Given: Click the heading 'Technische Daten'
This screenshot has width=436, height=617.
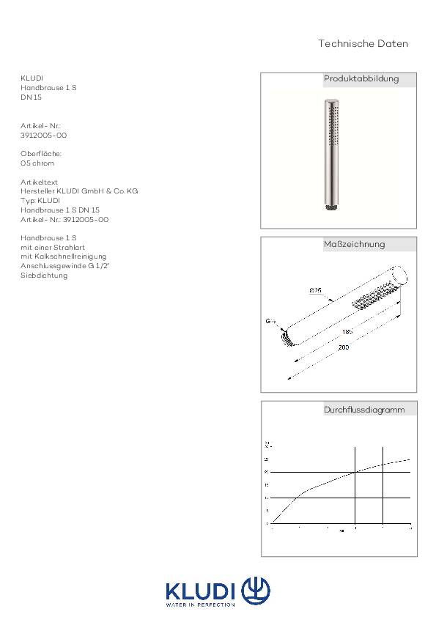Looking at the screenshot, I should [x=363, y=44].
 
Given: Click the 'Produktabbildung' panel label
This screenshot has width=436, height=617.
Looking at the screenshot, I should [x=361, y=78].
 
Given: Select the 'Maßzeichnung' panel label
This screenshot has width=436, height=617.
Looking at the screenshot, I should [x=354, y=244].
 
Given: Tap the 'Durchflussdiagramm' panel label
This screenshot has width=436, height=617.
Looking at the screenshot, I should [x=364, y=410].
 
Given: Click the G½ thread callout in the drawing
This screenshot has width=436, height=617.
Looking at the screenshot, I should [x=270, y=321].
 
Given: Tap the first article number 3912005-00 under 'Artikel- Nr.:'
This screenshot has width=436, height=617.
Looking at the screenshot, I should [x=44, y=136].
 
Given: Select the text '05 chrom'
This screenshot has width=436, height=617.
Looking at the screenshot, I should [x=37, y=163].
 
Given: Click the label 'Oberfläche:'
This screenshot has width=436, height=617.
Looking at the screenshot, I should [x=41, y=154].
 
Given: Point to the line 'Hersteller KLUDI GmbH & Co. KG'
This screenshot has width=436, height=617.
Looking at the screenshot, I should [x=79, y=191].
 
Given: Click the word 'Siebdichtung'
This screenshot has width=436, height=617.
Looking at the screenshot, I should [x=44, y=276].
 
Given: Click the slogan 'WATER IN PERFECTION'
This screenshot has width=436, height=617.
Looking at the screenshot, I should [x=201, y=605].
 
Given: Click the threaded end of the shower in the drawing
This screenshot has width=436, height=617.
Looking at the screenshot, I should [x=284, y=339].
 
